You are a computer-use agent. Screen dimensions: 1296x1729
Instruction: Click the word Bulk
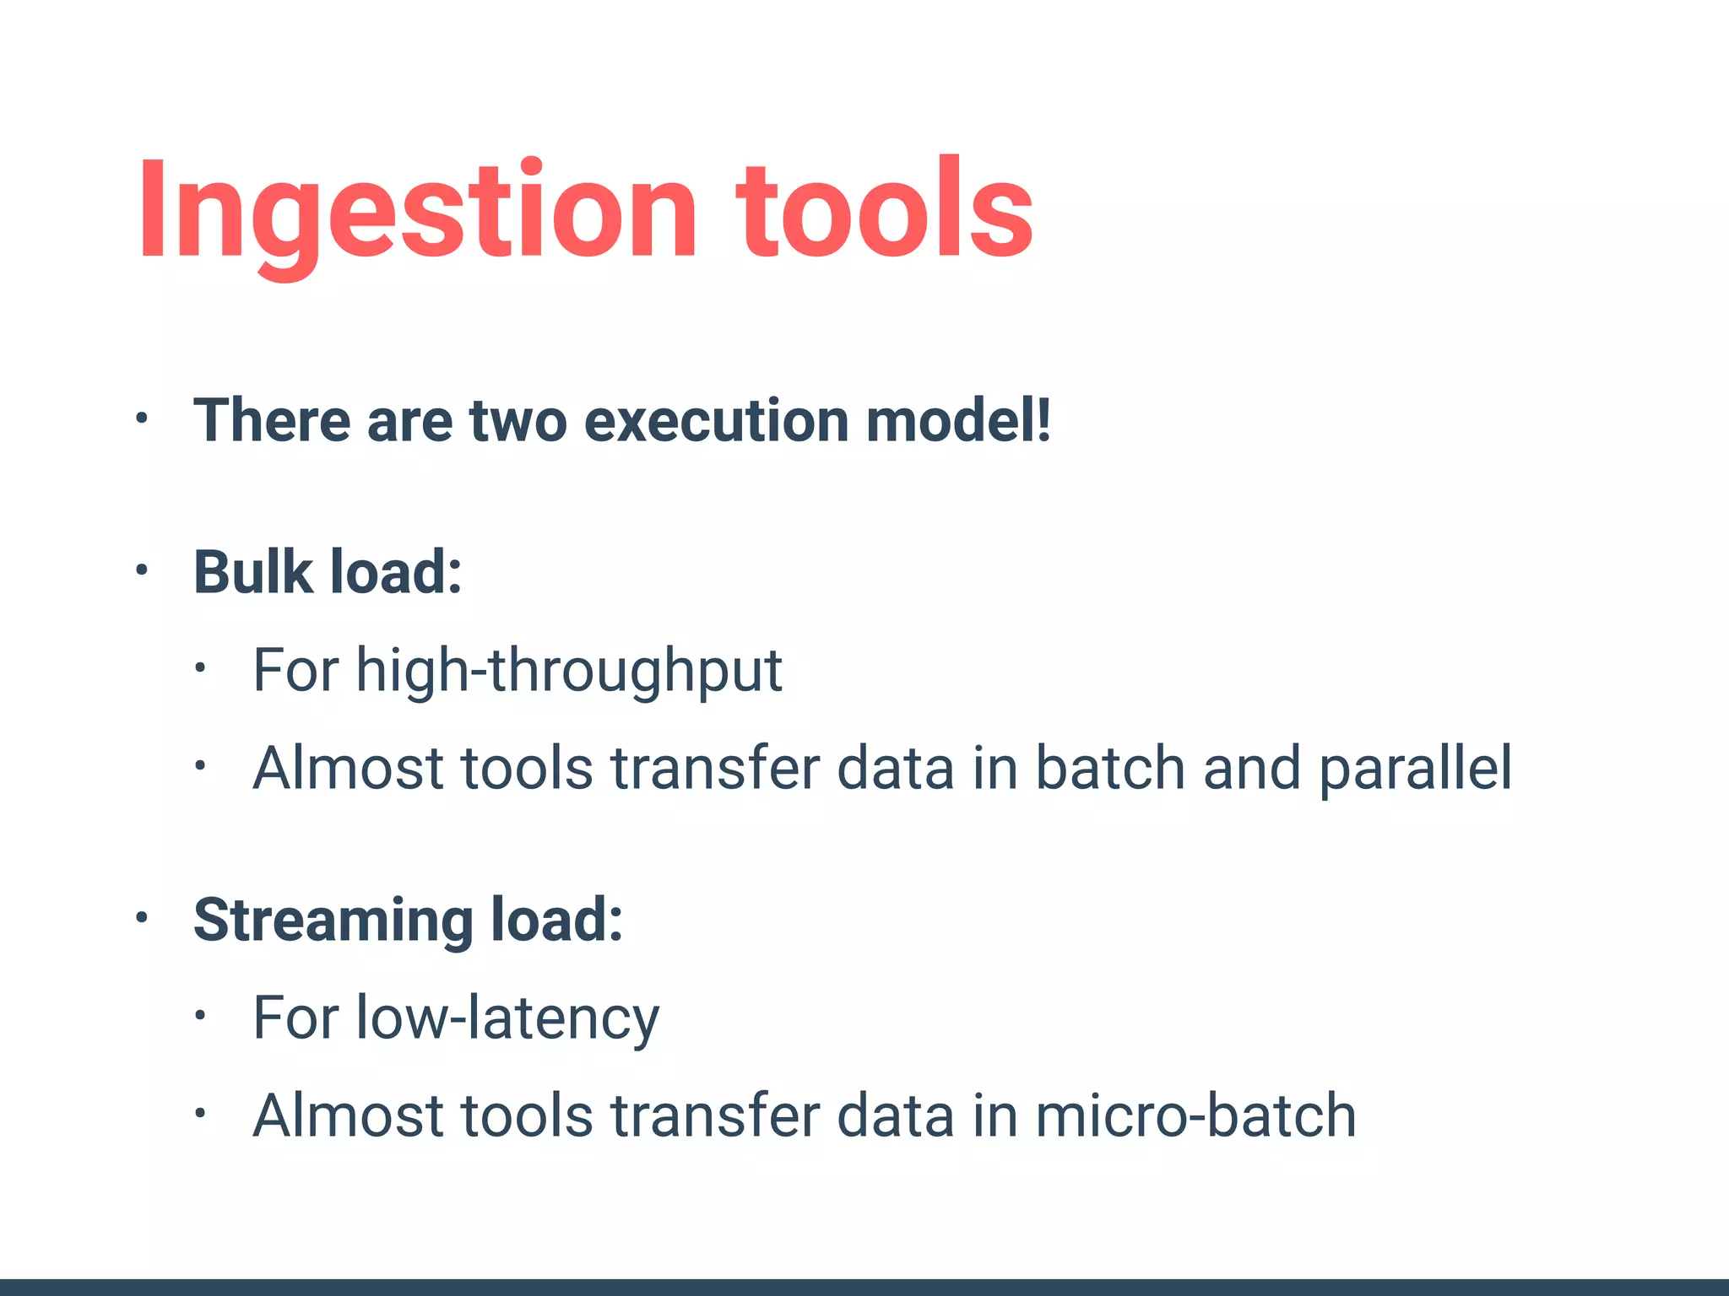(x=253, y=572)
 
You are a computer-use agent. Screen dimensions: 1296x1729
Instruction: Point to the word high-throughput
(x=569, y=672)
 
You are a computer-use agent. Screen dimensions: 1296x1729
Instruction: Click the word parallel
(x=1415, y=769)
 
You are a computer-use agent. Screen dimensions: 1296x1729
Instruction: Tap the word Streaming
(x=333, y=921)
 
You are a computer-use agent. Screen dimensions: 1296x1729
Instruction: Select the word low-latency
(x=507, y=1019)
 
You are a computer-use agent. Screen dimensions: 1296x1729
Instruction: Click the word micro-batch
(x=1195, y=1116)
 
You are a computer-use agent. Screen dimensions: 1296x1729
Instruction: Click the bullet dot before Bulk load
(x=142, y=571)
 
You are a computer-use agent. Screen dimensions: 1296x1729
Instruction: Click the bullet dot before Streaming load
(x=142, y=917)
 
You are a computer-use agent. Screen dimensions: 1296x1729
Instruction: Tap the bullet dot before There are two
(x=142, y=418)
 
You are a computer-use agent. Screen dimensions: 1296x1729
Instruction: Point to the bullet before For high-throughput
(x=199, y=669)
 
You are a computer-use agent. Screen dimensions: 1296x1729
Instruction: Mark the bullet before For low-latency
(x=199, y=1016)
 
